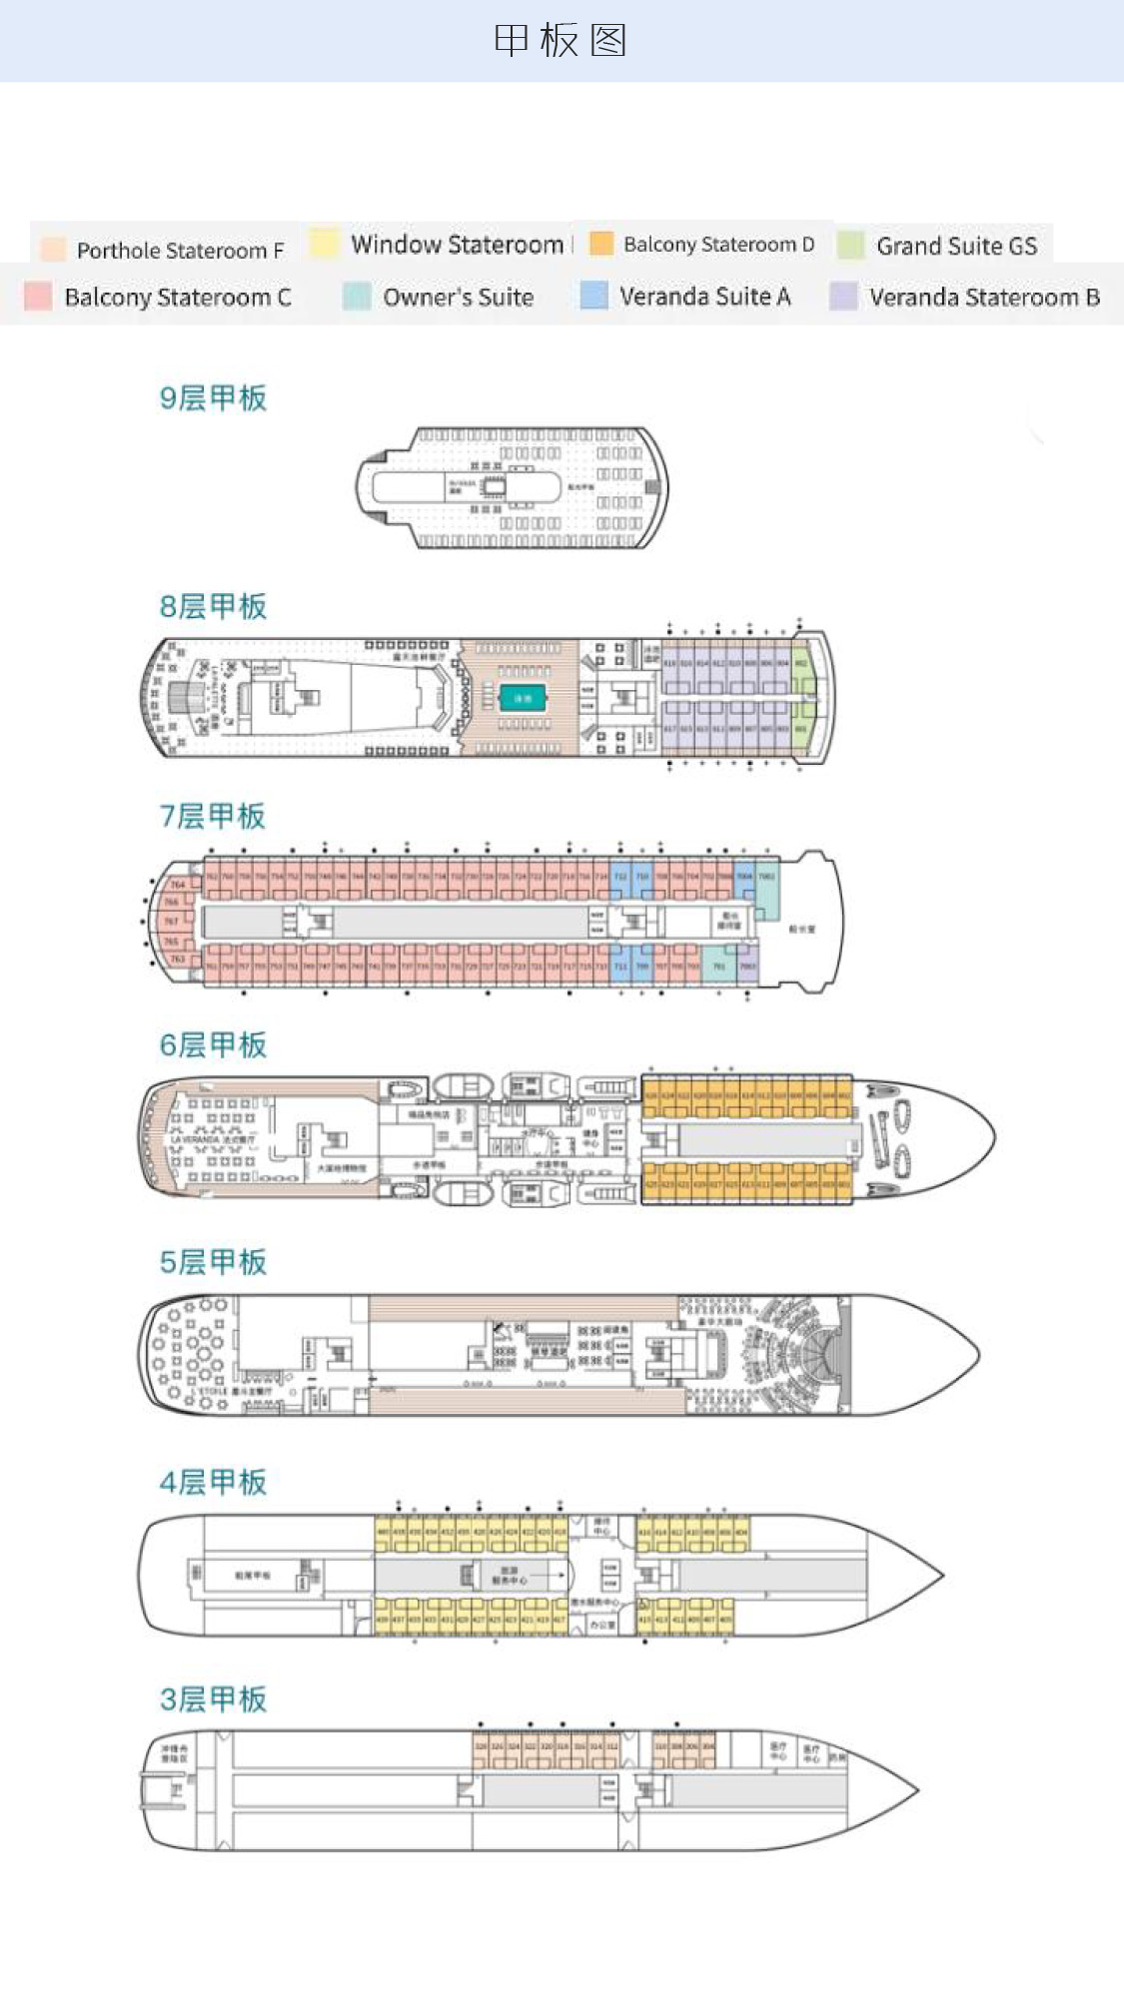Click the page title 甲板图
pos(561,41)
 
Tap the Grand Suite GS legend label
pos(956,246)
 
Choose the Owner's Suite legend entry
pos(458,297)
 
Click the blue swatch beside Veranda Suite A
pos(594,296)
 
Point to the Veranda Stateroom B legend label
pos(984,297)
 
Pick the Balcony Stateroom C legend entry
pos(177,297)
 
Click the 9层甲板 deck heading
pos(213,397)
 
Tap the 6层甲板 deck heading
pos(213,1044)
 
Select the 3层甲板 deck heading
pos(213,1698)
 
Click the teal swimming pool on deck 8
pos(523,698)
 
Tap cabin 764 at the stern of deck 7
pos(177,884)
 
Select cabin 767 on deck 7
pos(171,921)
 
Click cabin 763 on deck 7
pos(177,959)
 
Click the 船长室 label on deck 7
pos(801,929)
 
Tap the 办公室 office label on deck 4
pos(601,1625)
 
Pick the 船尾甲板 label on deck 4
pos(253,1575)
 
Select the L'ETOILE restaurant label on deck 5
pos(210,1391)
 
